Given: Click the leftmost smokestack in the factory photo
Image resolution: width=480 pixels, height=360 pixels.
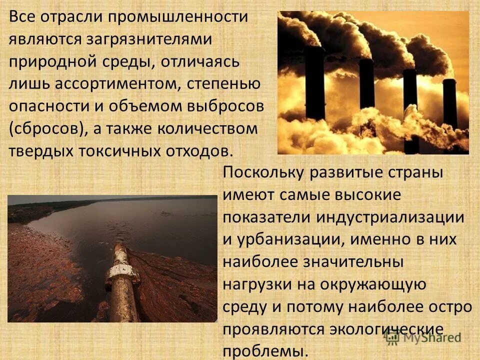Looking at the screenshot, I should tap(314, 80).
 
